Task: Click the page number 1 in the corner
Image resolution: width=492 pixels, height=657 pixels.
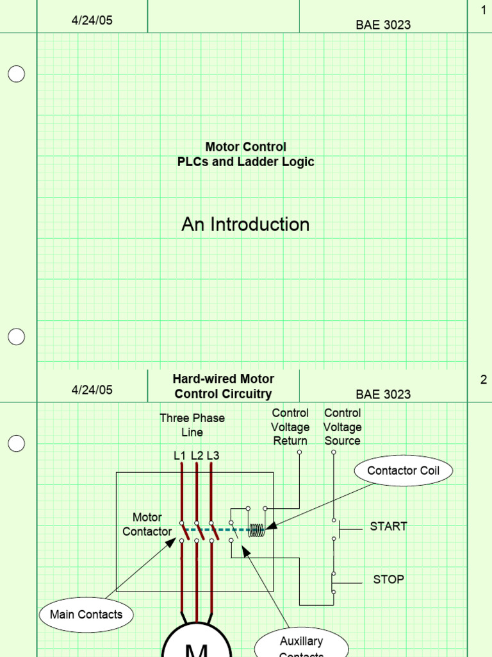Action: coord(484,10)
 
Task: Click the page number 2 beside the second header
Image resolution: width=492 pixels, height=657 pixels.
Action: coord(484,379)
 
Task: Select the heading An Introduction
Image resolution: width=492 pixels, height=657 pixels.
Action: coord(245,224)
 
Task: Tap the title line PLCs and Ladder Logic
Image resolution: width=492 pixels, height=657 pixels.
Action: coord(245,162)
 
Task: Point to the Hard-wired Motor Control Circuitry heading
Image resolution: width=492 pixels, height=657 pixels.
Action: coord(223,387)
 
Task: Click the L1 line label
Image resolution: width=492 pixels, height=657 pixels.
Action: coord(180,456)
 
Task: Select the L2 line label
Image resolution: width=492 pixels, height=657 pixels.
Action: coord(197,456)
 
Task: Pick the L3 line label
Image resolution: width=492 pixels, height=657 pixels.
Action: coord(213,456)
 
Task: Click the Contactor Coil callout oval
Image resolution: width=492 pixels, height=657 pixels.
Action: coord(402,471)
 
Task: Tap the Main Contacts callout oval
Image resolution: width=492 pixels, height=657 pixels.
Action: coord(86,615)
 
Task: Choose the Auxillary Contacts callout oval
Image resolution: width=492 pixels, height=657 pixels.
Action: coord(301,644)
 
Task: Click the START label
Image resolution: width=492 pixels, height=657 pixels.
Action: coord(388,526)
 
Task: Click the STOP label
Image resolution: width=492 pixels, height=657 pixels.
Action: coord(388,579)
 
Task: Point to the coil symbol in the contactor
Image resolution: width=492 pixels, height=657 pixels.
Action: coord(256,529)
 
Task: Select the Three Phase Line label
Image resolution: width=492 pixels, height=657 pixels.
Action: coord(192,425)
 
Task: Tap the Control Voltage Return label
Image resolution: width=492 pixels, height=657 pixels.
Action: coord(290,427)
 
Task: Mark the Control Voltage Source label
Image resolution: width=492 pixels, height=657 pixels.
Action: coord(342,427)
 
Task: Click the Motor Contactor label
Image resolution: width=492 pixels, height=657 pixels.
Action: coord(147,524)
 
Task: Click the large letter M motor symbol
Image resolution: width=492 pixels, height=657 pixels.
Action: coord(197,647)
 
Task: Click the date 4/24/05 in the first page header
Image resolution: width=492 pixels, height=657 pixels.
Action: coord(92,20)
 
